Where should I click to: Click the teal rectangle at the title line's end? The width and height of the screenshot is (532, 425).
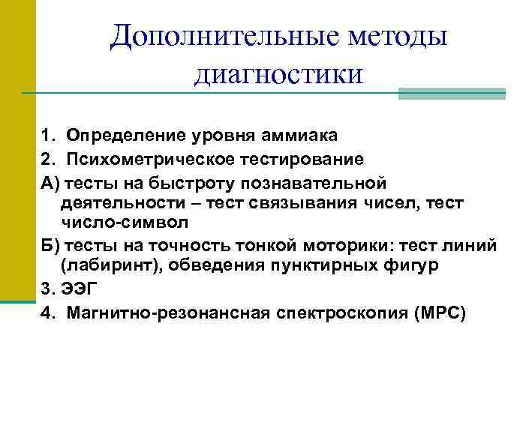(x=451, y=94)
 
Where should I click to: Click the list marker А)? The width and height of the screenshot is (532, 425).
(x=51, y=182)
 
